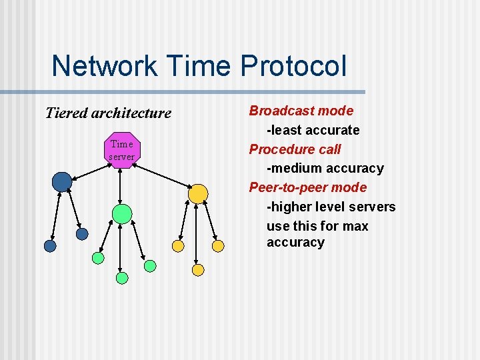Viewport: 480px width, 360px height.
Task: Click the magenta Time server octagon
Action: [121, 150]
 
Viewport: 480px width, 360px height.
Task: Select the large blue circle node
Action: [62, 181]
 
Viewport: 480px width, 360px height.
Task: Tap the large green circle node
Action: [121, 214]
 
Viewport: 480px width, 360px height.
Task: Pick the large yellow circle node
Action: [198, 193]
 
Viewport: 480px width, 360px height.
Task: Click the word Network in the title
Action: [104, 66]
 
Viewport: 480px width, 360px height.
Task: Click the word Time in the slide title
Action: [199, 66]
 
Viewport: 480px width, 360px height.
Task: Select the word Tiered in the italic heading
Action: [66, 113]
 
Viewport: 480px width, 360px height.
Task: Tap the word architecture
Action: [131, 113]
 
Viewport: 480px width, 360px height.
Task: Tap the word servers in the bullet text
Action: [373, 207]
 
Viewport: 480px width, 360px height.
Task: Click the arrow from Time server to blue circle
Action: [90, 167]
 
